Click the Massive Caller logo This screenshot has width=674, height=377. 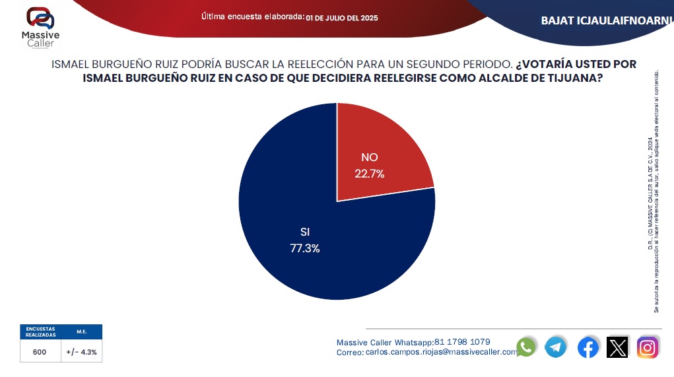pos(40,27)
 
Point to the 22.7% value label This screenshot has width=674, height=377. pos(370,174)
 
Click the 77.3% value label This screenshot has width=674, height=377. pos(304,248)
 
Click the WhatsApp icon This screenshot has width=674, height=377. pos(526,347)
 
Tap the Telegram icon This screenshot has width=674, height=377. pos(556,347)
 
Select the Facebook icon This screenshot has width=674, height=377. pos(588,347)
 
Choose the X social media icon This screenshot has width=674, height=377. pos(617,347)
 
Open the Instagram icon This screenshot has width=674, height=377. pos(648,347)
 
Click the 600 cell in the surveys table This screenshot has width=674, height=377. pos(40,352)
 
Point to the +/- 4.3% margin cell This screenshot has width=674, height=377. pos(81,352)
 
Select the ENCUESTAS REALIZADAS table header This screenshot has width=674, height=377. pos(40,332)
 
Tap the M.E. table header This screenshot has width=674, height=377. pos(81,332)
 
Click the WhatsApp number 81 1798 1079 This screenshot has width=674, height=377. pos(462,342)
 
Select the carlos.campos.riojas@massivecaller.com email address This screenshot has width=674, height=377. pos(442,353)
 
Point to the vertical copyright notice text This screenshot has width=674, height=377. pos(653,191)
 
